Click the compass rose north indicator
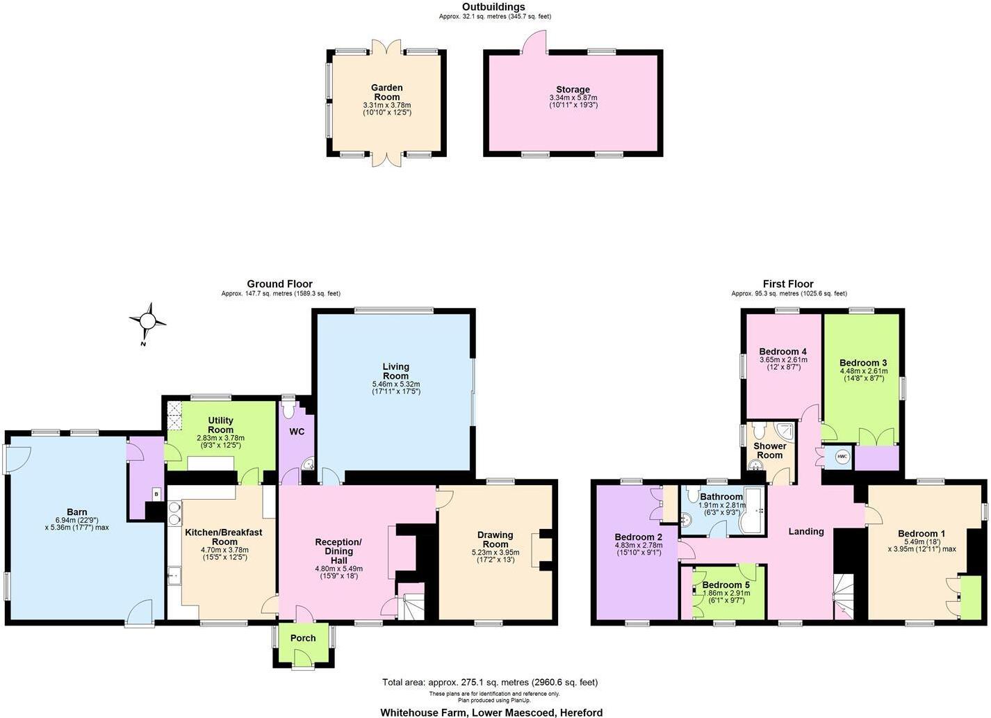click(148, 321)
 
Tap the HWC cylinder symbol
click(842, 457)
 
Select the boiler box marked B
click(156, 493)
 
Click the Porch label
click(303, 638)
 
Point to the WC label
click(297, 432)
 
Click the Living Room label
click(395, 371)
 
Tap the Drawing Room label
click(495, 539)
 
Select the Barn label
click(77, 512)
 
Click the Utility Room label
click(220, 425)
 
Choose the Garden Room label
click(386, 92)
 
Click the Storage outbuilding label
click(573, 90)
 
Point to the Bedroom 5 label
click(726, 585)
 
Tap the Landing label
click(806, 531)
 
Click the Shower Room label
click(770, 450)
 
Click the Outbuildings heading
click(493, 7)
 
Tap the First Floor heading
click(787, 284)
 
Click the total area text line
click(490, 683)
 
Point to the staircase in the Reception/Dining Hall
click(410, 605)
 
